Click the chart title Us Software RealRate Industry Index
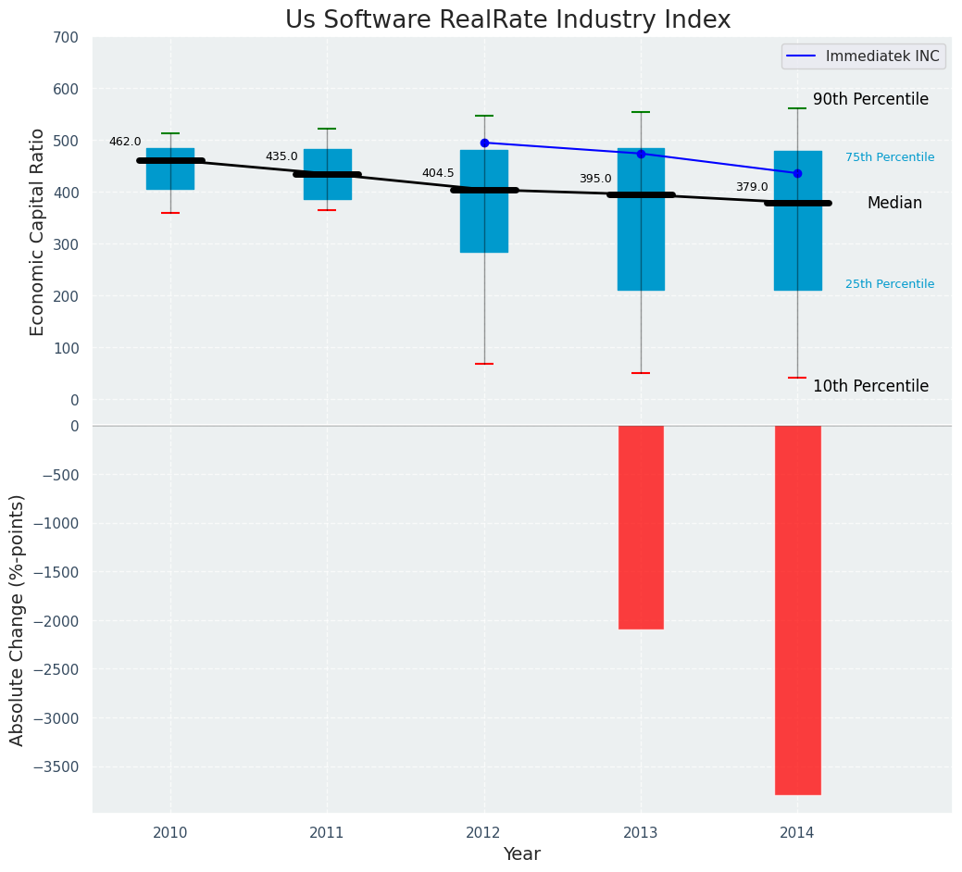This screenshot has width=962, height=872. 507,20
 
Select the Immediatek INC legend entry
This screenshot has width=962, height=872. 863,56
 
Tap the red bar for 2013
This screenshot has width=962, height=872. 641,527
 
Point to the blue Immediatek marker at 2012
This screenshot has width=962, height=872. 484,143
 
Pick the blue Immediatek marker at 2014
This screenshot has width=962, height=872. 797,173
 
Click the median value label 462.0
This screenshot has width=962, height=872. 125,142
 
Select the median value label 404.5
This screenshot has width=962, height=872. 438,173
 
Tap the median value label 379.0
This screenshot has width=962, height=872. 752,187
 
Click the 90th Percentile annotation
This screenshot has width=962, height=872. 870,99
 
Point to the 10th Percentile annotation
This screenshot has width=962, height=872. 870,386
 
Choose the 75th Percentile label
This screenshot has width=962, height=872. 890,157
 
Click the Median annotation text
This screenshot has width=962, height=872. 894,203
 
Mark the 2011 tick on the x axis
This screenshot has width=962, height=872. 327,833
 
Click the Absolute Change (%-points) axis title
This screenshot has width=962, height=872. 18,619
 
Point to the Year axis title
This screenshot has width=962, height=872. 522,854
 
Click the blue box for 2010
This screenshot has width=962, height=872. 170,168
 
